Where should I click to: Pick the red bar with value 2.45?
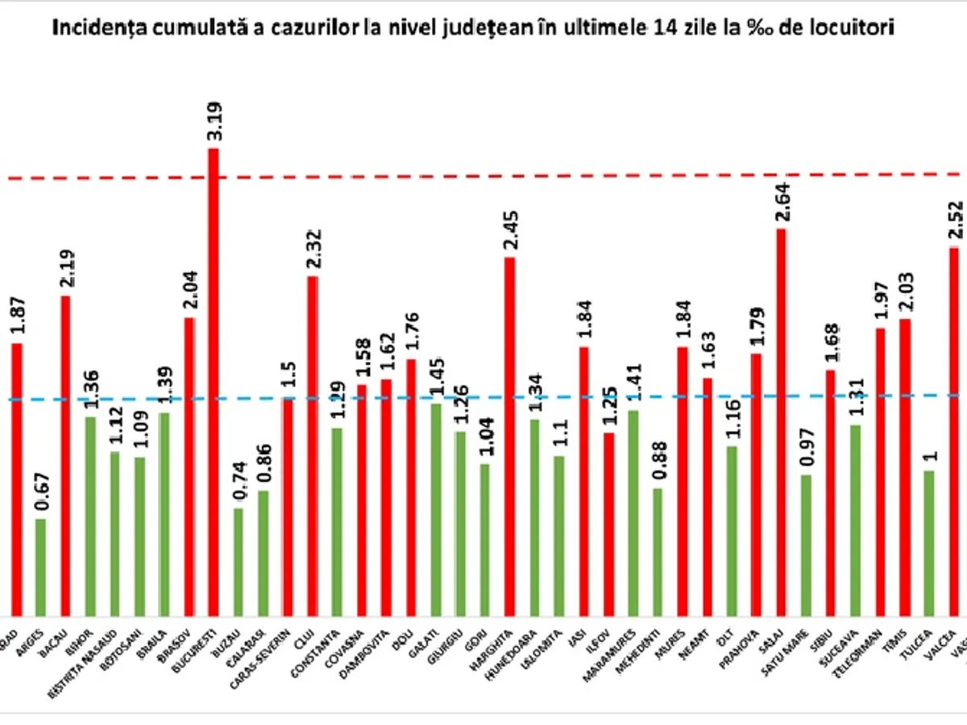(509, 436)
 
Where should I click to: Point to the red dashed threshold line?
(483, 175)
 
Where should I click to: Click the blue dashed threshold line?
(483, 397)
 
